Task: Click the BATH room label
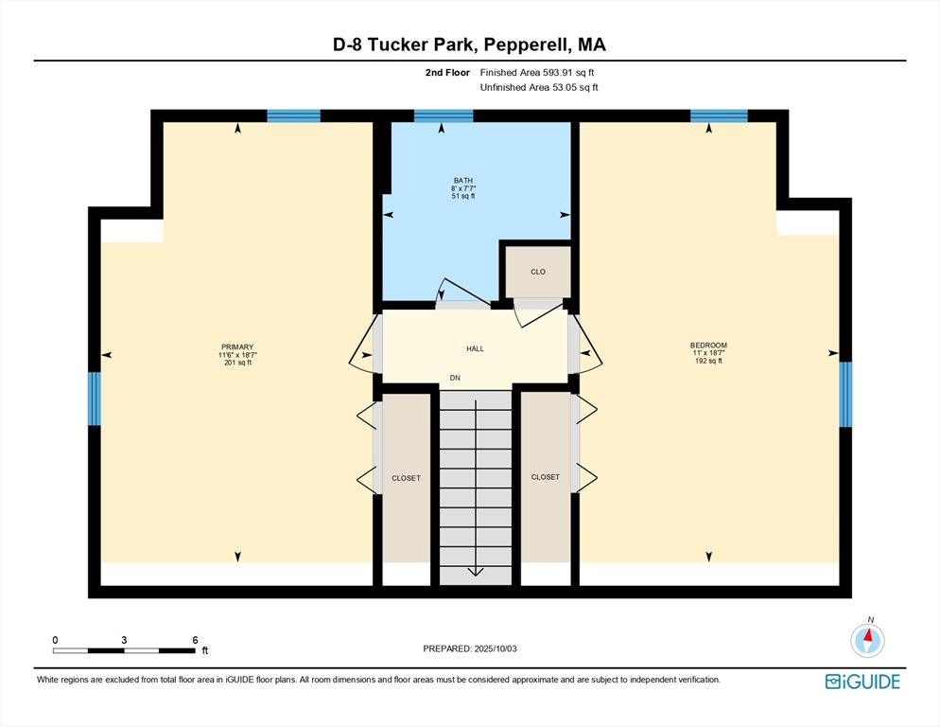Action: (x=462, y=180)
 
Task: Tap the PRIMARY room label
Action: (x=237, y=347)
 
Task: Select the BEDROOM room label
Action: (x=708, y=346)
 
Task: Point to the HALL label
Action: (x=476, y=348)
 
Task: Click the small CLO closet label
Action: (x=538, y=272)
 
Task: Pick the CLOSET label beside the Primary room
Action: (x=406, y=478)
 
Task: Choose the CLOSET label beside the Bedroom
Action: (x=546, y=477)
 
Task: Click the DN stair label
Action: (x=455, y=379)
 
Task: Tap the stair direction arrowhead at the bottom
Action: (x=476, y=571)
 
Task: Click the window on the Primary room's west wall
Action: (x=95, y=399)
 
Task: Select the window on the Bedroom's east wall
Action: (x=845, y=395)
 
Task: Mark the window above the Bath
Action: (x=444, y=115)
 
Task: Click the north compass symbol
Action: (x=867, y=640)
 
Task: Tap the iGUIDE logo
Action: (x=862, y=682)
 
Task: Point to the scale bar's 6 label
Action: (x=195, y=640)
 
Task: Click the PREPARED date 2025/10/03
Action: (x=496, y=649)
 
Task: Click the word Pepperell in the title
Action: (x=526, y=45)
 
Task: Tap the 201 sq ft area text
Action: (x=237, y=363)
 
